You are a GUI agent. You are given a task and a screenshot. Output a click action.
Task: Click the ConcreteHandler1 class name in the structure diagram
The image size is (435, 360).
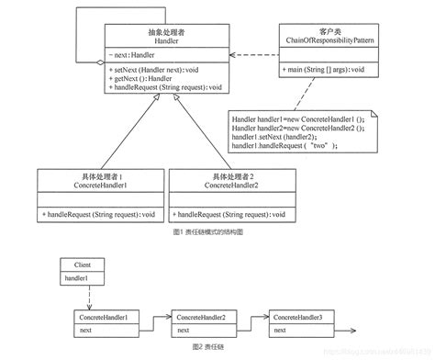click(72, 182)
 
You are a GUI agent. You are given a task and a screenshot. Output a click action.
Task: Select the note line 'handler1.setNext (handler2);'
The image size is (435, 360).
click(275, 136)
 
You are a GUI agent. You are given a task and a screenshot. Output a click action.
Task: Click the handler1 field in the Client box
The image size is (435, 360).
click(77, 276)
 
